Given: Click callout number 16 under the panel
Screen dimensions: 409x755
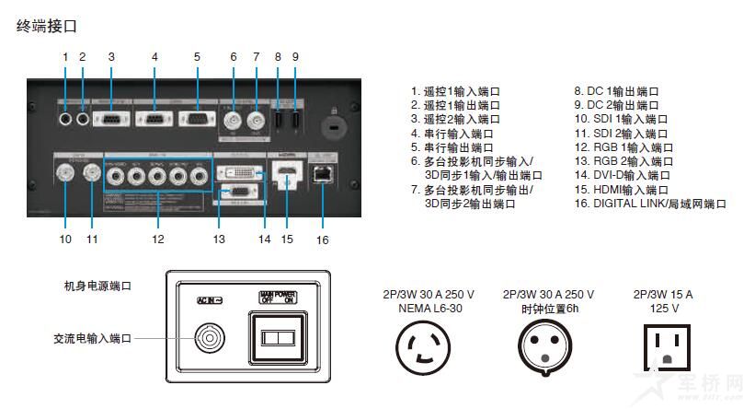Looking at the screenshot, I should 321,240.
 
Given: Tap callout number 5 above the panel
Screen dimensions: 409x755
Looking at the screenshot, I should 197,57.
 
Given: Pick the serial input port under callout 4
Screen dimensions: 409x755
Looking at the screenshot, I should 154,120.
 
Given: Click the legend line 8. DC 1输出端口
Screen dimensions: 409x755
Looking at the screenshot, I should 616,92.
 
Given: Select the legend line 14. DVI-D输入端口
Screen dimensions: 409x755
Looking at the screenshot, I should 622,175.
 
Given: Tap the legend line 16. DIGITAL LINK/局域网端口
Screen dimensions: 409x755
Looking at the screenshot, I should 649,203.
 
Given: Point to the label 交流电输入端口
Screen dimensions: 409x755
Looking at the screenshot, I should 92,339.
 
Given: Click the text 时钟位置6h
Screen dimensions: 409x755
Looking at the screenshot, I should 548,309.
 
